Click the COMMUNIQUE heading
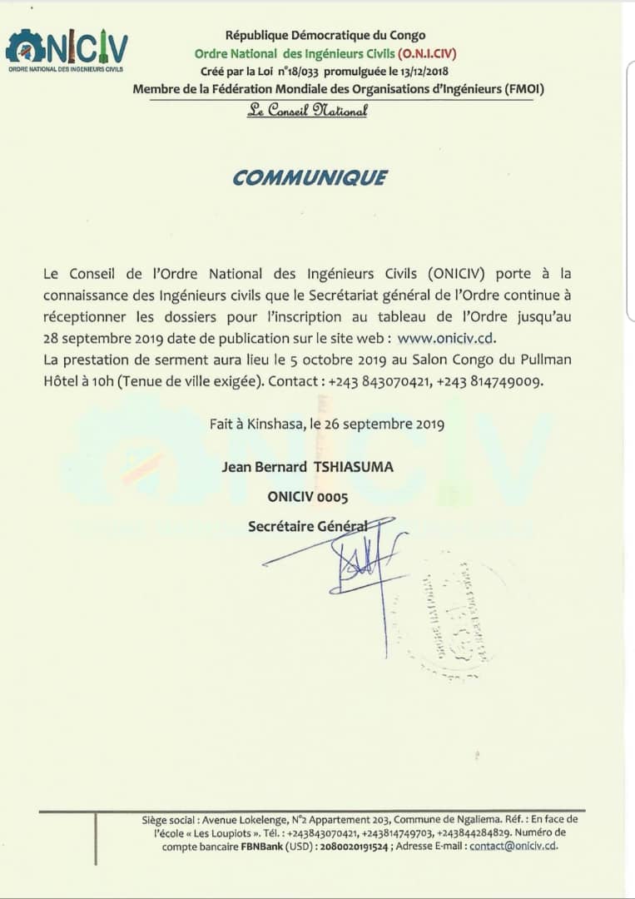tap(309, 177)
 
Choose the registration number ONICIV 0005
tap(307, 497)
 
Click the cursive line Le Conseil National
tap(307, 111)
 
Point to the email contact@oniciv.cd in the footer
tap(513, 846)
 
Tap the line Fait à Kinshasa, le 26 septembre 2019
tap(326, 424)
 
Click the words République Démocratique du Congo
tap(325, 35)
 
